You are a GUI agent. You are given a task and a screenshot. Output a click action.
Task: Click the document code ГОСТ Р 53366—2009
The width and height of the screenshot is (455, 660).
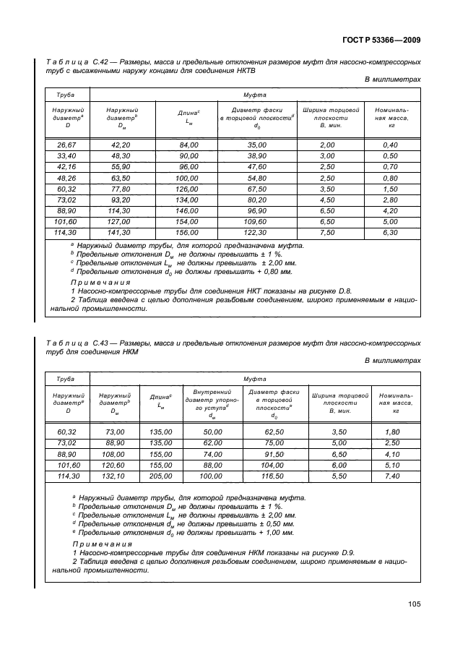(381, 41)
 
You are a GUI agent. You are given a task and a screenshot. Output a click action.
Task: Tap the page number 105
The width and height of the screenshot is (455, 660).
(413, 604)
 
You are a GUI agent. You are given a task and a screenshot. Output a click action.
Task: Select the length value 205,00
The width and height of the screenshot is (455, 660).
(160, 477)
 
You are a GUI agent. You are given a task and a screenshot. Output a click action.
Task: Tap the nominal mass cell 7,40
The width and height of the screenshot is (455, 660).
(392, 477)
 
